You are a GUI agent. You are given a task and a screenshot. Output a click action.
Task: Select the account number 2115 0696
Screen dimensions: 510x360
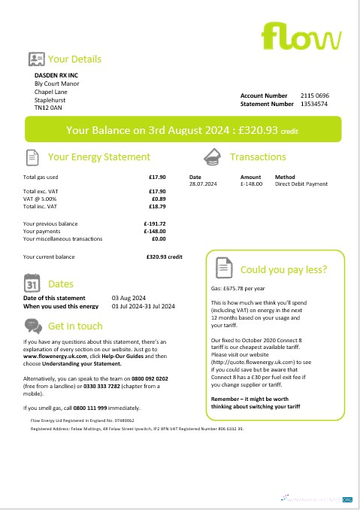315,96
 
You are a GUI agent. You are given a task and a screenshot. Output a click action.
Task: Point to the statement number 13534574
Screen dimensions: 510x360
314,105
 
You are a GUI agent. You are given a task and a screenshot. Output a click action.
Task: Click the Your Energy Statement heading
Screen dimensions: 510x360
98,157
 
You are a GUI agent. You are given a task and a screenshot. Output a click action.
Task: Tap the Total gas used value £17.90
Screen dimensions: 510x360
157,177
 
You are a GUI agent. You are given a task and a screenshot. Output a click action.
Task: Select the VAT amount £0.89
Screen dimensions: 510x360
158,199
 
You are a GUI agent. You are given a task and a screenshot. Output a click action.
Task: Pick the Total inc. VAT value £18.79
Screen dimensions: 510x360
157,205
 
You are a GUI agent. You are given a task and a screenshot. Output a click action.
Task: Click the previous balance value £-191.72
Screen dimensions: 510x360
154,223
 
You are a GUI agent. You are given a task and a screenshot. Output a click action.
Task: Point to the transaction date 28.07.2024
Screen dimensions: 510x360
202,184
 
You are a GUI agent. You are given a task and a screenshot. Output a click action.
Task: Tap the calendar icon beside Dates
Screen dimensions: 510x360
32,284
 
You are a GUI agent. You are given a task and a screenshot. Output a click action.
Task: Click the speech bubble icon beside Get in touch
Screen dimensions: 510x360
32,326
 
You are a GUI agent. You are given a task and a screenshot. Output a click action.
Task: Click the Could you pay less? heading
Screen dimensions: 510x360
283,269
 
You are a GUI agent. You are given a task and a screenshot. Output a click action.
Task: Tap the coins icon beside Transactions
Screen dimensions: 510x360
213,156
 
